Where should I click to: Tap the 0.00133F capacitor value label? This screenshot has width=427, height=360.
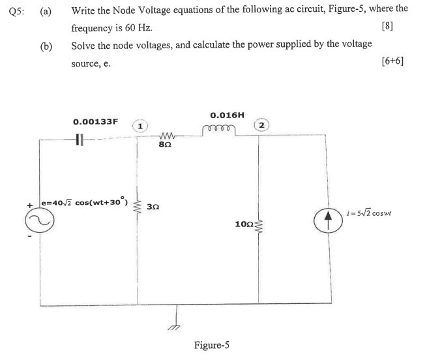pyautogui.click(x=96, y=121)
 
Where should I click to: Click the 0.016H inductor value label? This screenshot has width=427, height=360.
pyautogui.click(x=227, y=115)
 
